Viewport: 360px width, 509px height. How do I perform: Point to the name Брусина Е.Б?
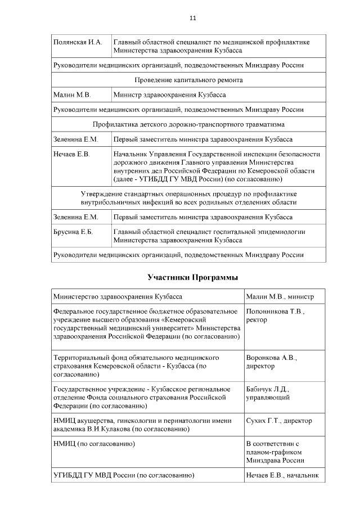click(x=73, y=232)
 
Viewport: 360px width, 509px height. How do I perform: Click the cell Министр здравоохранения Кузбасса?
click(x=170, y=95)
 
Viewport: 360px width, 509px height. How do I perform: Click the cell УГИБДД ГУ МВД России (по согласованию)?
click(x=124, y=475)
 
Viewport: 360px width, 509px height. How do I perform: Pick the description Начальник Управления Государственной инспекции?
click(x=217, y=154)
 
